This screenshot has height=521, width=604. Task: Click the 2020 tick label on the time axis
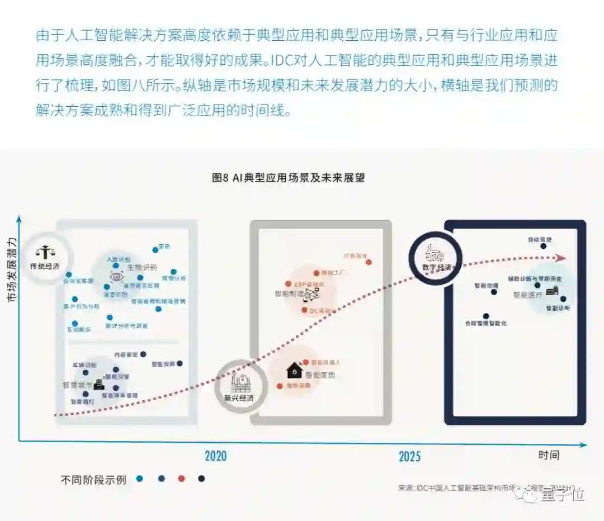(215, 456)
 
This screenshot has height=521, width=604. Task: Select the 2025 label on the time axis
(409, 456)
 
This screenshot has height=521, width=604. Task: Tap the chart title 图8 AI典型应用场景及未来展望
(288, 178)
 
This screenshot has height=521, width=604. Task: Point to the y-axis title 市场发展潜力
(12, 270)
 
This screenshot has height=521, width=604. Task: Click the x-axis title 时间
(549, 454)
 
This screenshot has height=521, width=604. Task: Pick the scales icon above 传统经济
(45, 252)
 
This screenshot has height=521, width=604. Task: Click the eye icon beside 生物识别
(116, 277)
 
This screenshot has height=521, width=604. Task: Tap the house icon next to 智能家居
(294, 370)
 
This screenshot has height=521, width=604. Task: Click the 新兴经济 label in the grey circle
(239, 398)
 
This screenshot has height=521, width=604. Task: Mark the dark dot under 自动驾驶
(543, 246)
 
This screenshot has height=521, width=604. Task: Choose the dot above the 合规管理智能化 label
(486, 316)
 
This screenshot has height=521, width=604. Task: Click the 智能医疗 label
(528, 295)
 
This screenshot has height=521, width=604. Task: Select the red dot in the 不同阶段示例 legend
(181, 479)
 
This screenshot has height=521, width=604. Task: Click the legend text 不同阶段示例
(93, 480)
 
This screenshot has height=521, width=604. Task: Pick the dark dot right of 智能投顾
(180, 363)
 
